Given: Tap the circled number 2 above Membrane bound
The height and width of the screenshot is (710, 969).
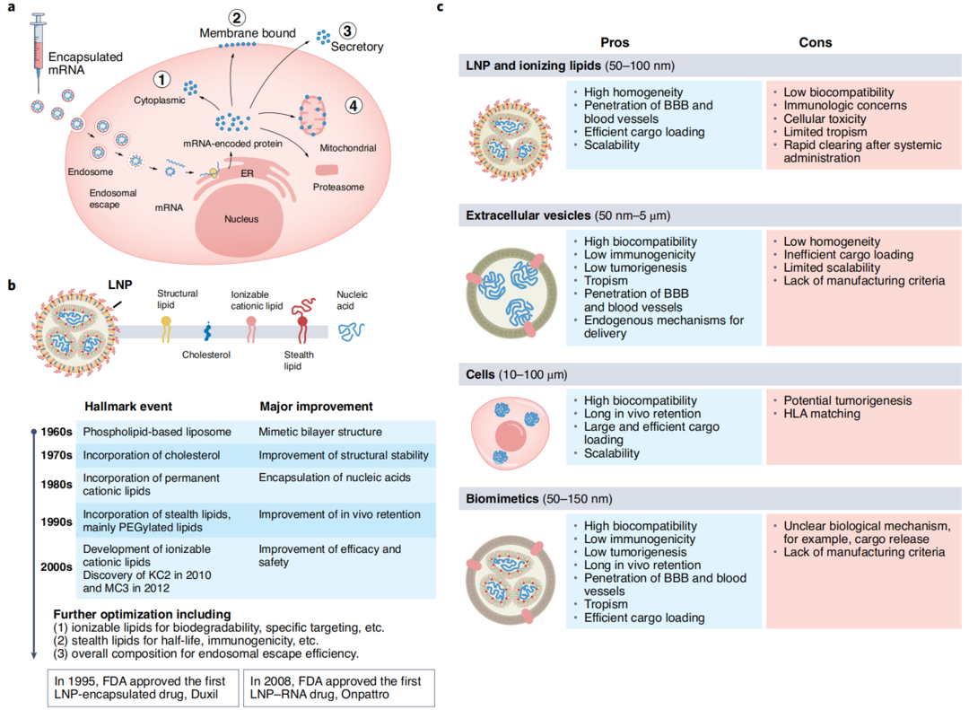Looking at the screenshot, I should point(237,17).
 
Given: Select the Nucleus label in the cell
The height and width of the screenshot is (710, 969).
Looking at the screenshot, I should point(241,219).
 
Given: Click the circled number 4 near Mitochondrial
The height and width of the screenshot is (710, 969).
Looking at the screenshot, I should point(356,106).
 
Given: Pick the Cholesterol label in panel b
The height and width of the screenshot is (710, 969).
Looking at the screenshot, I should point(205,355).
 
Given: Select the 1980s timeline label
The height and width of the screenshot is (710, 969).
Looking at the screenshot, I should point(56,484).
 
